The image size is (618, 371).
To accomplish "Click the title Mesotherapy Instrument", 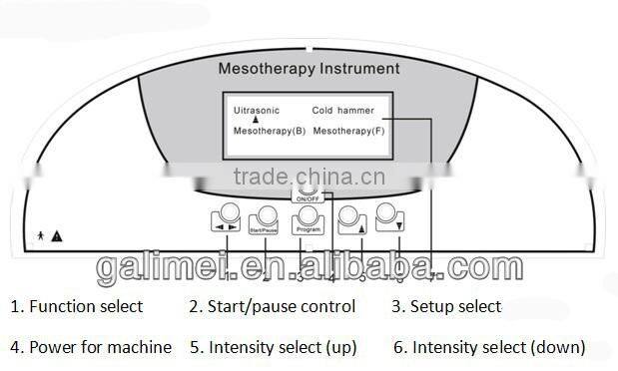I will pos(309,69).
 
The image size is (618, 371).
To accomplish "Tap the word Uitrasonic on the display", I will pos(257,110).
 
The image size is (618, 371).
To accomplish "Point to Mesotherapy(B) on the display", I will pos(270,131).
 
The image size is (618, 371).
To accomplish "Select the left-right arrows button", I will pos(226,219).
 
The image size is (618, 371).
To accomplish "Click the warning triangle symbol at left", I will pos(57,236).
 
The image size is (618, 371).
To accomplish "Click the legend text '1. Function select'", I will pos(77,306).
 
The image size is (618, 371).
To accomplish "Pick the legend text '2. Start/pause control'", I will pos(273,306).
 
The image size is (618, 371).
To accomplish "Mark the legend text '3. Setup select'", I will pos(446,306).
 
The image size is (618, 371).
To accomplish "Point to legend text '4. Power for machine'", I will pos(91,347).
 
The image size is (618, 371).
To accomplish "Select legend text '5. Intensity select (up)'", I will pos(273,347).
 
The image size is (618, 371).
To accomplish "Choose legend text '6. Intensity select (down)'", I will pos(488,347).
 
